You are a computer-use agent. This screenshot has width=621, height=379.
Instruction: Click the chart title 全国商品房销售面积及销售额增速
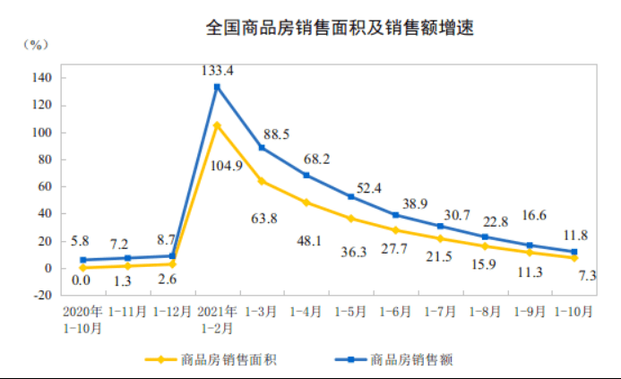340,28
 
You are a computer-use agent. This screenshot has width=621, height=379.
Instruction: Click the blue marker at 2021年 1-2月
217,87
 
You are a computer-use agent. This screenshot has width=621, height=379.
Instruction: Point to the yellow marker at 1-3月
262,181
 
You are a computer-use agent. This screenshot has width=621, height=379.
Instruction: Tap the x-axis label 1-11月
127,312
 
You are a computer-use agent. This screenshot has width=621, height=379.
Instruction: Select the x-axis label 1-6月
395,312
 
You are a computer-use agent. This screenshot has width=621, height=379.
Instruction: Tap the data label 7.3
586,275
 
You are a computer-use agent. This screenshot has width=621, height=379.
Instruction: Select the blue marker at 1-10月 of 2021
574,252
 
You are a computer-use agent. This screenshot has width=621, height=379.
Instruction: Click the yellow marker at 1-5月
351,219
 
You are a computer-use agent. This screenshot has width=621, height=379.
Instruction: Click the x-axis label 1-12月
172,312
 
